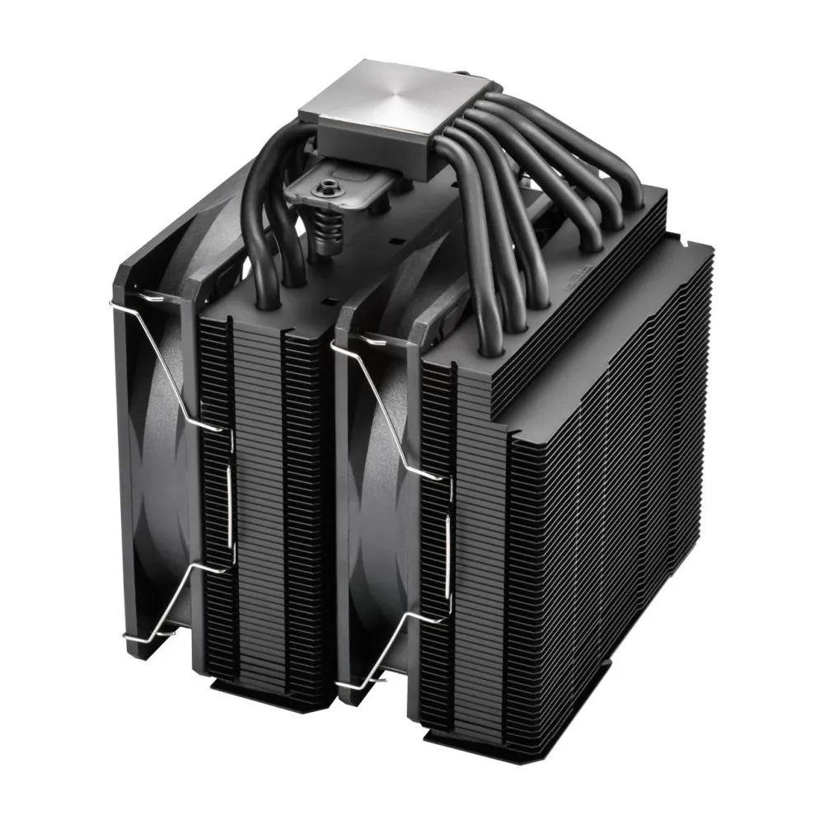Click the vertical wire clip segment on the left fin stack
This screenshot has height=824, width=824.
230,511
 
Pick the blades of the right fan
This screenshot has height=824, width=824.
375,511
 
